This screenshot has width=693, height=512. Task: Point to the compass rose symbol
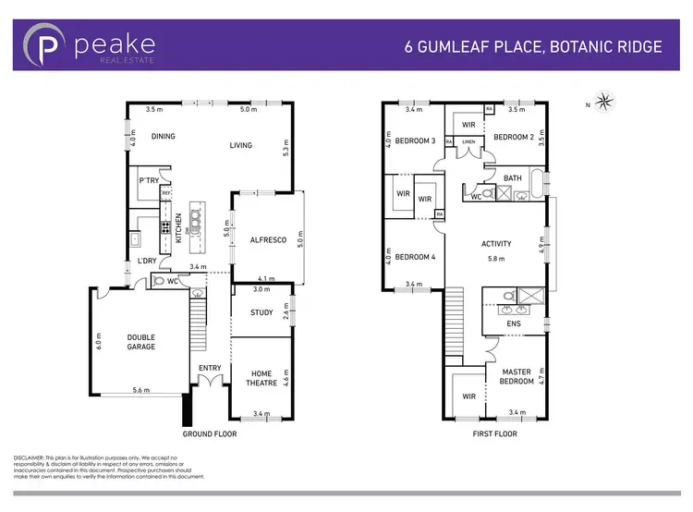603,100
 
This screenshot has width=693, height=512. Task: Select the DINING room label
163,137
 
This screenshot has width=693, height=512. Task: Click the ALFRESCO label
268,240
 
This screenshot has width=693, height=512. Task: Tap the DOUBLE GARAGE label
141,342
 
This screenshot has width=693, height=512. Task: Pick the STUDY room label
261,312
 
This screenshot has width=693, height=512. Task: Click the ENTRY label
210,369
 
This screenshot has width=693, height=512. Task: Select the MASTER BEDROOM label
517,376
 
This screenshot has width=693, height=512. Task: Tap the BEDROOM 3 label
415,140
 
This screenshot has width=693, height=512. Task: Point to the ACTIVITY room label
496,244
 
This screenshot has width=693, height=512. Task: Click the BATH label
513,177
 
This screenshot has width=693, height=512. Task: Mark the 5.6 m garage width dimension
141,390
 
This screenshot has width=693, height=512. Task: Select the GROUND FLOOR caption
211,433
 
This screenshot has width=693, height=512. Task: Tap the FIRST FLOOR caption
494,433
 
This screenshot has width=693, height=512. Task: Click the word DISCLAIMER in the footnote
34,457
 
